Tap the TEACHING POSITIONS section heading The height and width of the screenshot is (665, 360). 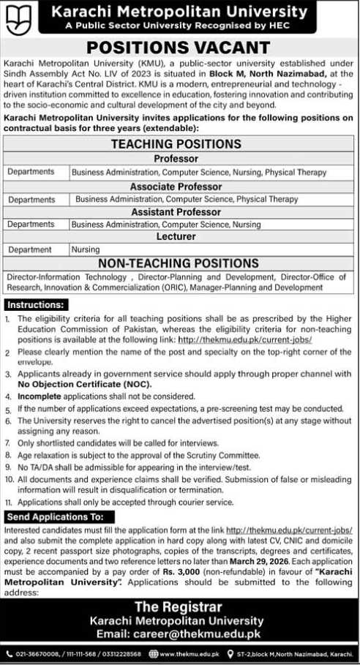click(x=179, y=144)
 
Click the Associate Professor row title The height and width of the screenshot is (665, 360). click(x=179, y=187)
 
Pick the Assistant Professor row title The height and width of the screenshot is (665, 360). click(x=179, y=212)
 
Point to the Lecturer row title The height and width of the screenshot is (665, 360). click(x=179, y=237)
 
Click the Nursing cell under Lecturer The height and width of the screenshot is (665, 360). click(x=85, y=249)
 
